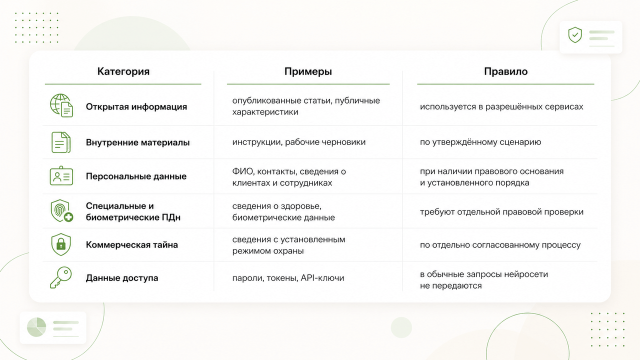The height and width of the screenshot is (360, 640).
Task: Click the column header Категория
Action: click(x=123, y=71)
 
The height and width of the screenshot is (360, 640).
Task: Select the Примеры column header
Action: click(x=308, y=71)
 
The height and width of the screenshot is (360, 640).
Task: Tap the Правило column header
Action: click(x=505, y=71)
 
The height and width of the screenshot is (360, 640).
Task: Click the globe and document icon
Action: click(x=61, y=105)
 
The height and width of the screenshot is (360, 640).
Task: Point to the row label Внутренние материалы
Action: click(x=137, y=142)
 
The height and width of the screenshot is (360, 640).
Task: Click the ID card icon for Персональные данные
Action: click(x=61, y=175)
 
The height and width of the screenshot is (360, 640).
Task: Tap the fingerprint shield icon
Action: click(x=61, y=211)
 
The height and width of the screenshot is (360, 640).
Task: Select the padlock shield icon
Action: click(x=61, y=244)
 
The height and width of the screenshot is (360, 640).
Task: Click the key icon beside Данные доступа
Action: click(x=61, y=277)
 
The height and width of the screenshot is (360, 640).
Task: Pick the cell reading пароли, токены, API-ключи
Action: click(x=288, y=278)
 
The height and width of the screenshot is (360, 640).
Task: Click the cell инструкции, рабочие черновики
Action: click(x=299, y=142)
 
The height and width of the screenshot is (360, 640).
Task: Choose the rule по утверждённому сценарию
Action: click(x=480, y=142)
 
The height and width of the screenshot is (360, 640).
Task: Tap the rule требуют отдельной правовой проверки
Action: click(x=501, y=212)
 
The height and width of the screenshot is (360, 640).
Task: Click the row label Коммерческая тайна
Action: click(x=131, y=245)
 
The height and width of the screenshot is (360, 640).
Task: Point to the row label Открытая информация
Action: click(x=136, y=107)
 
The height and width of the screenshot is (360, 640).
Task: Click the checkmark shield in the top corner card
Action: click(x=575, y=35)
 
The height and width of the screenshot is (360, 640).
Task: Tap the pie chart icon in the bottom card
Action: click(x=36, y=327)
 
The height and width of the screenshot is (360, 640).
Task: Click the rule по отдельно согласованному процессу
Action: click(x=500, y=245)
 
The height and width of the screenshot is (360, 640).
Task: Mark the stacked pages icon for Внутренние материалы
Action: click(x=61, y=142)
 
